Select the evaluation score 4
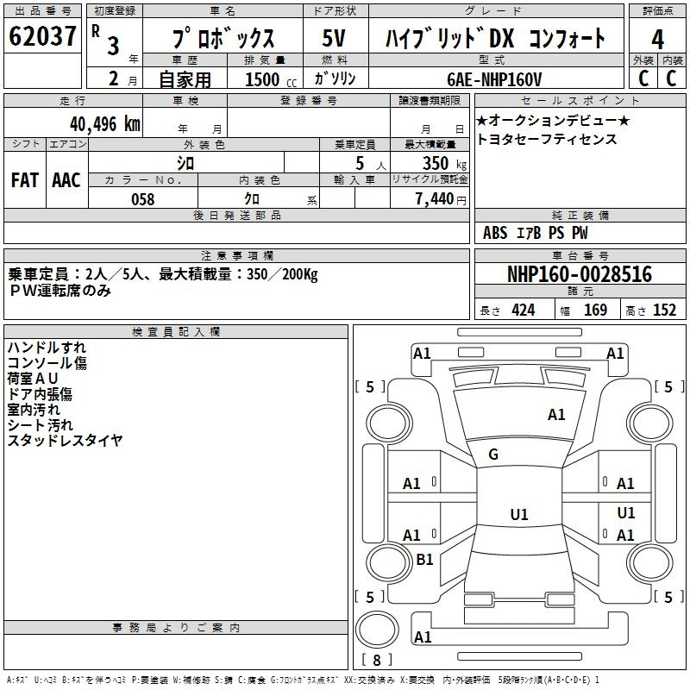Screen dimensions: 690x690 coord(658,40)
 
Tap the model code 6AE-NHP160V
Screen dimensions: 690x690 coord(495,79)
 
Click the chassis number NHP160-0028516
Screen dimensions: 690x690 coord(579,275)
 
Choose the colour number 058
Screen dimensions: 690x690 coord(142,199)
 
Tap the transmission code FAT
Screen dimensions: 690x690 coord(24,180)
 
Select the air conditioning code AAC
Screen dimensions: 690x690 coord(66,180)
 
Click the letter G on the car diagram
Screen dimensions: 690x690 coord(493,455)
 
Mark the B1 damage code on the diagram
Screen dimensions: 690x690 coord(425,560)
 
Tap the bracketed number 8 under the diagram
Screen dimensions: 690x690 coord(377,660)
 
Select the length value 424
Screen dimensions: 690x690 coord(523,310)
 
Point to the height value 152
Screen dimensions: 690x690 coord(664,310)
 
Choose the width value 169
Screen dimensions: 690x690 coord(595,310)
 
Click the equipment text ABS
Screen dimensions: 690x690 coord(495,233)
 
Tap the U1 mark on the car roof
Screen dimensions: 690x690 coord(519,515)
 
